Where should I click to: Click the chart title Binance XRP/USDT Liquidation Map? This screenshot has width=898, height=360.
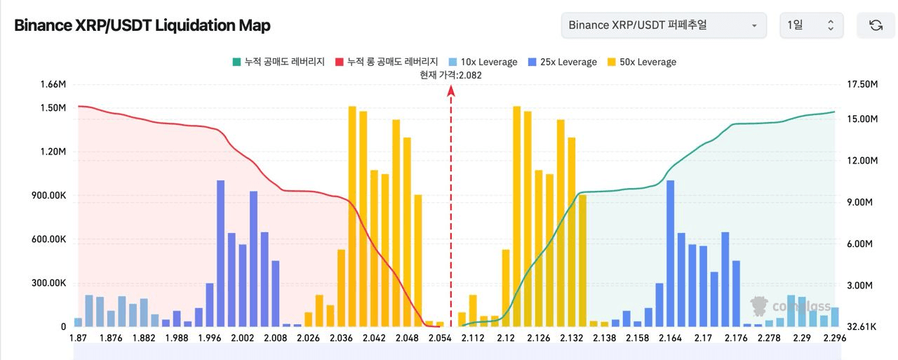pyautogui.click(x=142, y=25)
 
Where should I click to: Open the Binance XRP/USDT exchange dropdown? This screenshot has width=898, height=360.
pyautogui.click(x=663, y=25)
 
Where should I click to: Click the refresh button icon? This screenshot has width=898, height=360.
pyautogui.click(x=876, y=25)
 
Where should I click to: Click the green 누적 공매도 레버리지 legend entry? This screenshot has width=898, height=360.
pyautogui.click(x=278, y=62)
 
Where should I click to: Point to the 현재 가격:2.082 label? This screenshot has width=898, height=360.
pyautogui.click(x=450, y=74)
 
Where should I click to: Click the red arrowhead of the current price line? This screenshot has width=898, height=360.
pyautogui.click(x=451, y=90)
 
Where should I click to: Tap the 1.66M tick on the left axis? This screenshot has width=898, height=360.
pyautogui.click(x=53, y=85)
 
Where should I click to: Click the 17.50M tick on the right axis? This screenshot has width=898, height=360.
pyautogui.click(x=862, y=85)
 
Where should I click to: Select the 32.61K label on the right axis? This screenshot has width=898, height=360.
pyautogui.click(x=861, y=327)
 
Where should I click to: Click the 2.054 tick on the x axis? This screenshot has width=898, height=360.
pyautogui.click(x=439, y=338)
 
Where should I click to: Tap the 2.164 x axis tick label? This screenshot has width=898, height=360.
pyautogui.click(x=670, y=338)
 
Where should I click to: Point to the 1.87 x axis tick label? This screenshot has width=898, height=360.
pyautogui.click(x=79, y=338)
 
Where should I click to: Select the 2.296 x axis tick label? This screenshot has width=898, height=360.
pyautogui.click(x=835, y=338)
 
